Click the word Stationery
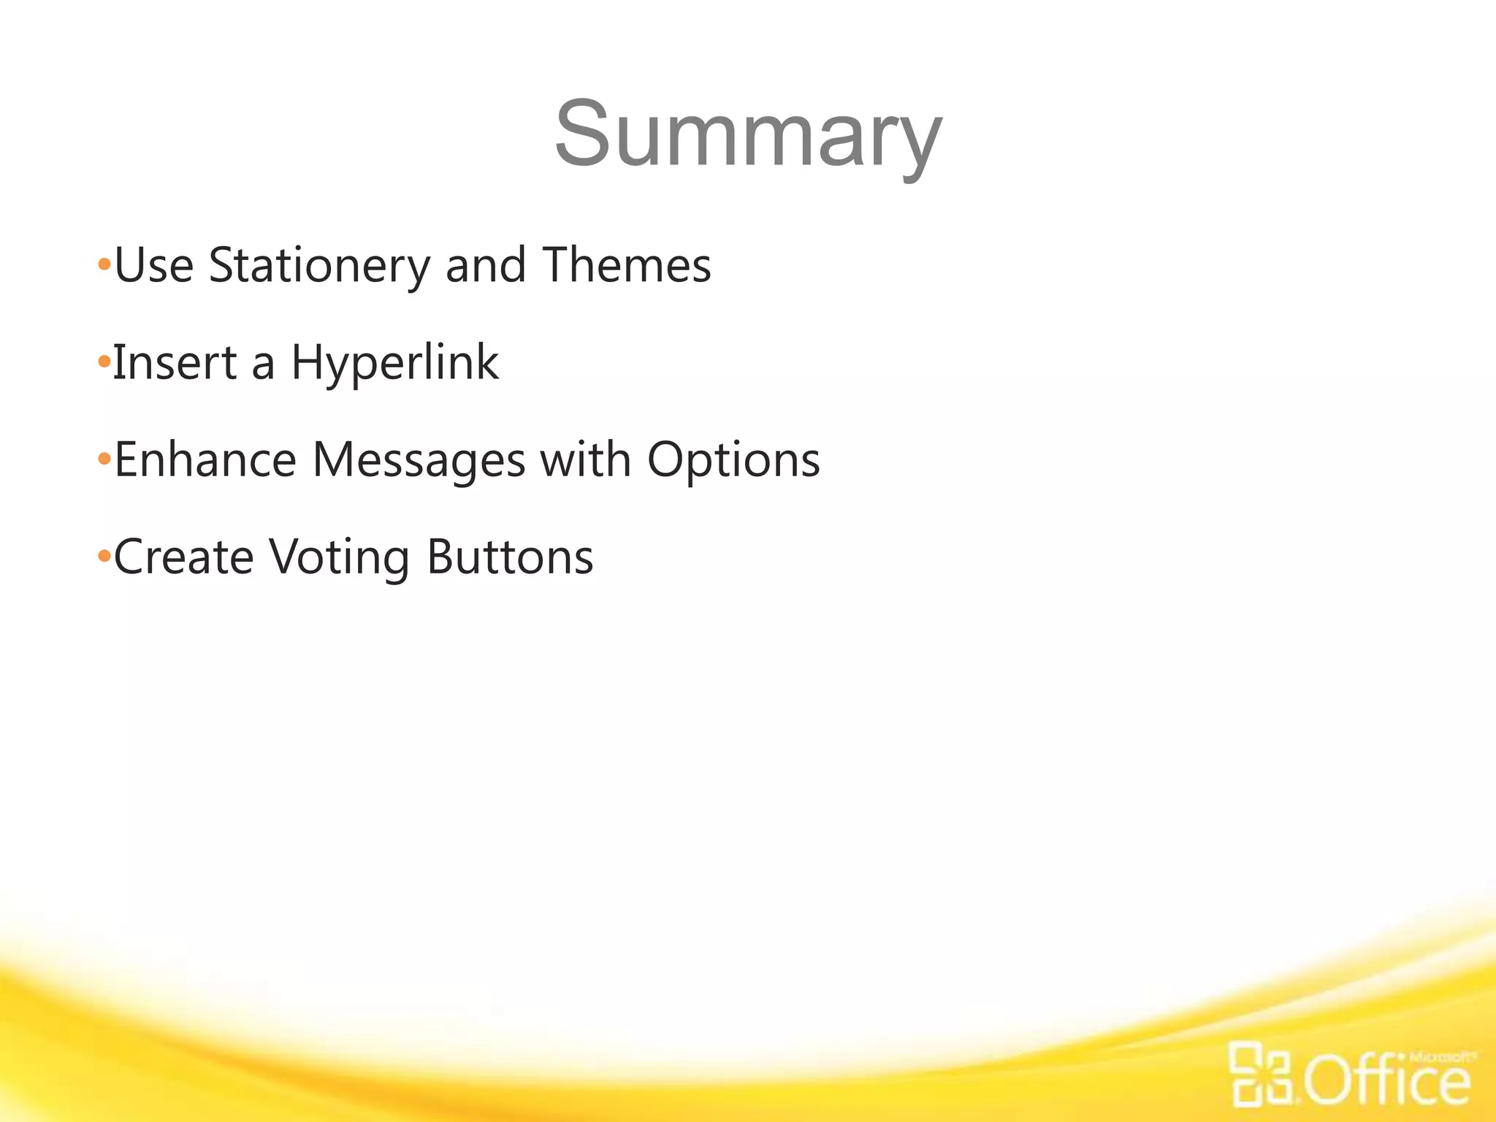tap(319, 266)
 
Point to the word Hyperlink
tap(394, 363)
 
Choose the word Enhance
tap(205, 460)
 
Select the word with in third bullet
tap(585, 460)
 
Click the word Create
tap(183, 557)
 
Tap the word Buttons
tap(510, 557)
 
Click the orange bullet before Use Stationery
tap(104, 264)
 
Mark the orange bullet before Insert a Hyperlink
tap(104, 362)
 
